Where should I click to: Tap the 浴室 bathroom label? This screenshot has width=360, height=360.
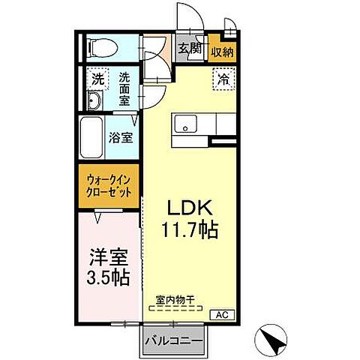tap(120, 137)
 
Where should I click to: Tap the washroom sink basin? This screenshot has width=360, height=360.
tap(94, 101)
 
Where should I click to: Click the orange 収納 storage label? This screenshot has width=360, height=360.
tap(221, 51)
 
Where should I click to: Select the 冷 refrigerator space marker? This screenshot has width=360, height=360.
tap(224, 77)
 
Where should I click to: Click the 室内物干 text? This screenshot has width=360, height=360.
tap(174, 300)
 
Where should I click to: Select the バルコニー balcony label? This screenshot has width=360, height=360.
tap(174, 340)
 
